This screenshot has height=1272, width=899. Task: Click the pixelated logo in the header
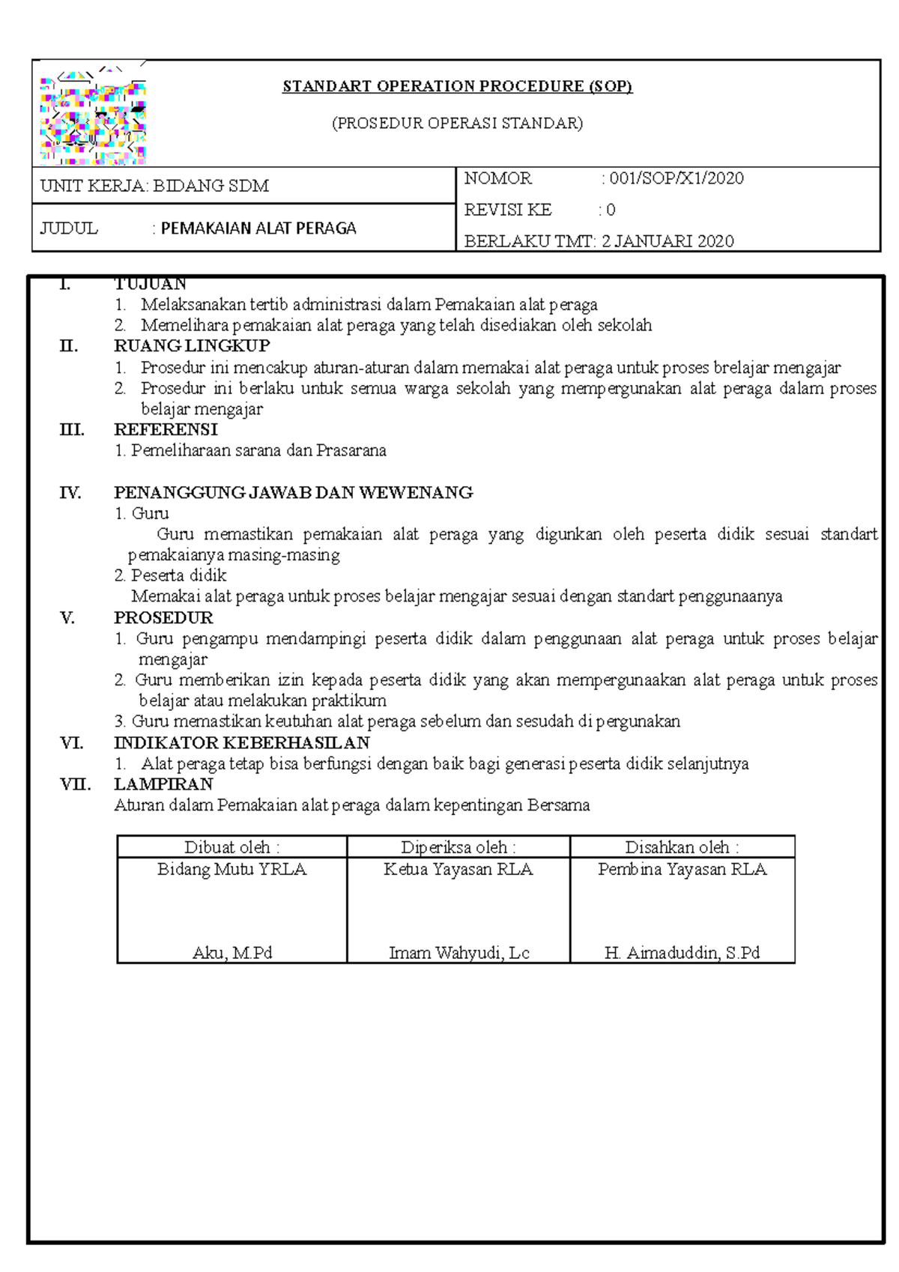click(93, 118)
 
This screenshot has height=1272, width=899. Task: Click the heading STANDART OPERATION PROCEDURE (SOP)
click(457, 86)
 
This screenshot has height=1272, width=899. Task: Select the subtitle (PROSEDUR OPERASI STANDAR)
click(457, 123)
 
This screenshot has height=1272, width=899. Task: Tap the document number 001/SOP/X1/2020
click(676, 178)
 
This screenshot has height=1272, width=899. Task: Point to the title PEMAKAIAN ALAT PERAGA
click(258, 228)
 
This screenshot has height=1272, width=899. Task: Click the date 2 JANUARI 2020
click(668, 241)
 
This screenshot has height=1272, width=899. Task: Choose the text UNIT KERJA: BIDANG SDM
click(154, 186)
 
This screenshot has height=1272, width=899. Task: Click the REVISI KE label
click(508, 210)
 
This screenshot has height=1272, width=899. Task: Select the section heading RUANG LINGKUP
click(192, 346)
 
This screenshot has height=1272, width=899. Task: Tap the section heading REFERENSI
click(166, 430)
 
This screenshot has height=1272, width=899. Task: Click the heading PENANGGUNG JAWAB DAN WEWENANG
click(293, 493)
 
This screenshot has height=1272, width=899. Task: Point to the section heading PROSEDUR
click(163, 618)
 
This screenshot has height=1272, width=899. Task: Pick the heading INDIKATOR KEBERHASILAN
click(242, 743)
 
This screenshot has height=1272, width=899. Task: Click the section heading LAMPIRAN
click(163, 784)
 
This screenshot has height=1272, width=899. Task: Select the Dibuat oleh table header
click(232, 847)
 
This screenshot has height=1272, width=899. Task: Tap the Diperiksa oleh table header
click(458, 847)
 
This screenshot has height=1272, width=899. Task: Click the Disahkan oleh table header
click(682, 847)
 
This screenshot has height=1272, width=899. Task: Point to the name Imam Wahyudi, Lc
click(458, 953)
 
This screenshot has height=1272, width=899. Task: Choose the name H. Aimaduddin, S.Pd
click(682, 953)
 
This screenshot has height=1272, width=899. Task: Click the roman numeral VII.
click(75, 784)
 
